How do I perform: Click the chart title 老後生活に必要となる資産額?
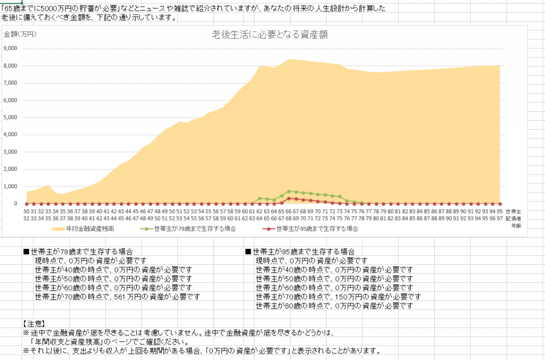coord(269,35)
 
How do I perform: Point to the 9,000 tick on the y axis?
coord(11,48)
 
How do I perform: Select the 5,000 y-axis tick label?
coord(11,118)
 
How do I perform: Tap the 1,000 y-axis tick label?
coord(11,187)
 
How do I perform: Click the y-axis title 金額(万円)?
coord(20,35)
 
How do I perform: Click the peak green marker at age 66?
coord(288,191)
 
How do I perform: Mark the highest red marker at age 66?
coord(288,198)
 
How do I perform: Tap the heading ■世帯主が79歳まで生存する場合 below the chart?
coord(78,252)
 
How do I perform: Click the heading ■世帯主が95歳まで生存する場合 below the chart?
coord(300,252)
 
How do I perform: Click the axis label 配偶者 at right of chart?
coord(513,218)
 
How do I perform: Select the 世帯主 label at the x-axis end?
coord(513,211)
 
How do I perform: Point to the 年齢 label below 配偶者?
coord(515,225)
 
